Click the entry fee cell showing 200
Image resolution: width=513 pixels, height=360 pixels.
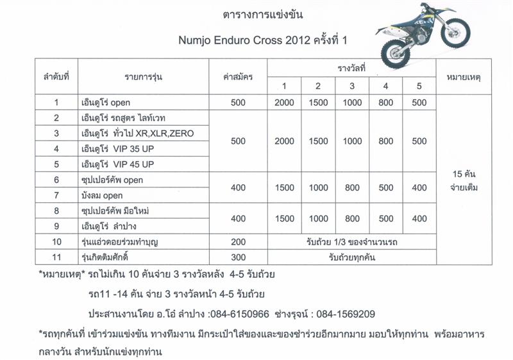[238, 242]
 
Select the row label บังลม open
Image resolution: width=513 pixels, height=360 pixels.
[106, 195]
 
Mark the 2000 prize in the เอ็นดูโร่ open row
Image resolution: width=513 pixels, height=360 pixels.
[285, 103]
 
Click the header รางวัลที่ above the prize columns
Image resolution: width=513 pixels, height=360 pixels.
[351, 67]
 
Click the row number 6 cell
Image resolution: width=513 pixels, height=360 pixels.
[56, 180]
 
